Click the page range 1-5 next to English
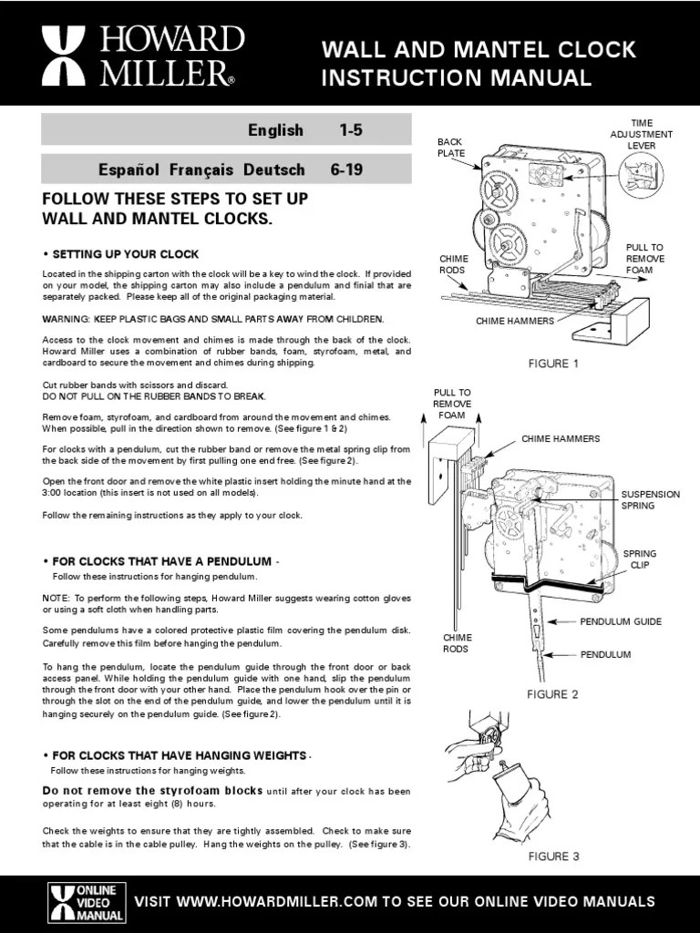[x=351, y=130]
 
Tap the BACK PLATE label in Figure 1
[x=451, y=148]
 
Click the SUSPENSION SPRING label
[x=650, y=499]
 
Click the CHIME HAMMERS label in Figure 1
[x=514, y=322]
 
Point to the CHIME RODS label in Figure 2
[x=457, y=643]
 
